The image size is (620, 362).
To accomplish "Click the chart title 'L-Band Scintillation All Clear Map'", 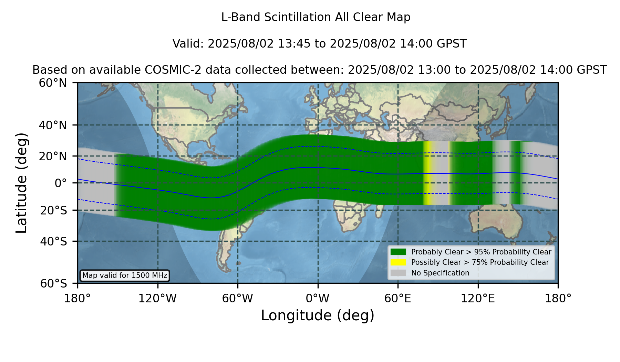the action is tap(316, 17).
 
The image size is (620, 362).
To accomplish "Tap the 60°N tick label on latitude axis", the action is tap(53, 83).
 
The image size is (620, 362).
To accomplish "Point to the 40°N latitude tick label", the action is tap(53, 125).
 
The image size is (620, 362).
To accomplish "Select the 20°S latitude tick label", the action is tap(53, 210).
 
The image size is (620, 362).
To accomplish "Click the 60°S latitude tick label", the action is tap(53, 283).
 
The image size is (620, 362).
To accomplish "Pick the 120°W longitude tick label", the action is tap(157, 298).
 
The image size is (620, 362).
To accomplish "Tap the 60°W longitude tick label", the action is tap(238, 298).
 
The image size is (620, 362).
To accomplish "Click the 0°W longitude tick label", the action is tap(318, 298).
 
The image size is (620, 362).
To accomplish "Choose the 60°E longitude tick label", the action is tap(398, 298).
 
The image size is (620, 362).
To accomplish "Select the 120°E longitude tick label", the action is tap(478, 298).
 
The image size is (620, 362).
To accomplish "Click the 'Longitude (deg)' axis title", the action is tap(318, 315).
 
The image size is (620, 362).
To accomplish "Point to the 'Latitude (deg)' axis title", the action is tap(21, 183).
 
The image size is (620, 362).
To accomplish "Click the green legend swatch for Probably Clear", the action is tap(398, 252).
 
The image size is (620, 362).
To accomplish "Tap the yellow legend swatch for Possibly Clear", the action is tap(398, 262).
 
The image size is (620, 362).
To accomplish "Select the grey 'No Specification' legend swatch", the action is tap(398, 273).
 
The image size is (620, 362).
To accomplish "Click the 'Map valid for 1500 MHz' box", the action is tap(125, 275).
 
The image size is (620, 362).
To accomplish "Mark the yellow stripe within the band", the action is tap(427, 173).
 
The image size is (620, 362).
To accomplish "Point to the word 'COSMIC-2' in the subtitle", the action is tap(168, 70).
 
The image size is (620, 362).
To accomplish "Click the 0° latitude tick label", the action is tap(61, 183).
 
